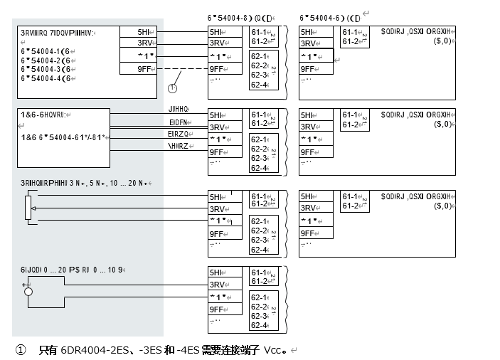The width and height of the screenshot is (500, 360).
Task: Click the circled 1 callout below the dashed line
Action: pyautogui.click(x=171, y=88)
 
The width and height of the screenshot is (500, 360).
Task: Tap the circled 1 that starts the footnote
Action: pyautogui.click(x=21, y=350)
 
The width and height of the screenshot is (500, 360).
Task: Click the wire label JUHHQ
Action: pyautogui.click(x=178, y=110)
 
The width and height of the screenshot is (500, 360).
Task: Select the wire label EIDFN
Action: pyautogui.click(x=178, y=122)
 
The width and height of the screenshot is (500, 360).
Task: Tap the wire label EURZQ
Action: pyautogui.click(x=178, y=134)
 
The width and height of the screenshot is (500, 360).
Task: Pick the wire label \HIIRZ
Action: pyautogui.click(x=178, y=146)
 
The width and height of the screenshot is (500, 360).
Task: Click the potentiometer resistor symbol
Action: pyautogui.click(x=29, y=207)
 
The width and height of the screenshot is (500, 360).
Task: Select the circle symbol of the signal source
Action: pyautogui.click(x=28, y=291)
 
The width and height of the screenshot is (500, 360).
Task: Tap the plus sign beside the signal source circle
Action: pyautogui.click(x=24, y=285)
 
